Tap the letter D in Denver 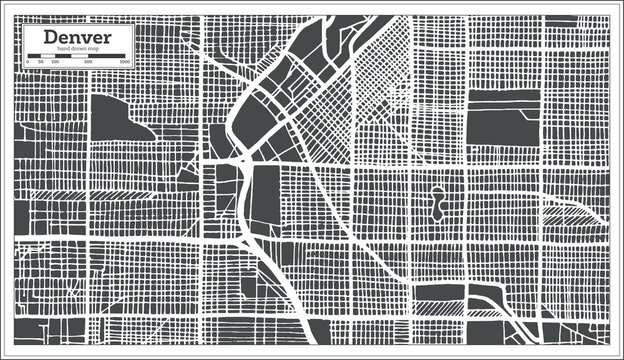coord(48,38)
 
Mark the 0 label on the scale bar coord(28,62)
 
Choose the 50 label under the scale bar coord(41,62)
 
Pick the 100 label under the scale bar coord(54,62)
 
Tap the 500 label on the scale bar coord(89,62)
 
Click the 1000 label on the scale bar coord(125,62)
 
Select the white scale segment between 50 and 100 coord(47,56)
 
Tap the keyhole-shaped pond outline coord(437,204)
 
